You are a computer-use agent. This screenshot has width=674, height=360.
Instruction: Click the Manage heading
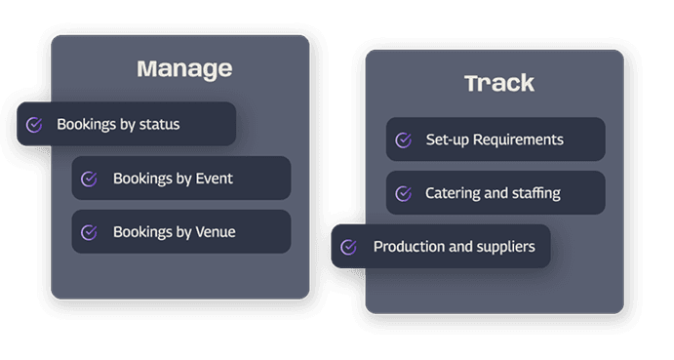tap(184, 69)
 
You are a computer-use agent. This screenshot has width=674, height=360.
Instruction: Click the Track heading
tap(499, 83)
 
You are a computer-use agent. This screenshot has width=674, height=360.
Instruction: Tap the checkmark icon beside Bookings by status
tap(34, 125)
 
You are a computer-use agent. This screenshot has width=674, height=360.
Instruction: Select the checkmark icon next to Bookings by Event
tap(89, 179)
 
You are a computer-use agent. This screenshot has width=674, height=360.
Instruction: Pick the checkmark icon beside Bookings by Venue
tap(89, 232)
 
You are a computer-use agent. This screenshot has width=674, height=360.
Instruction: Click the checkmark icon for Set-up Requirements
tap(403, 140)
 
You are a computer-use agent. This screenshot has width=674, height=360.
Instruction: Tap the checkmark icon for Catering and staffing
tap(403, 193)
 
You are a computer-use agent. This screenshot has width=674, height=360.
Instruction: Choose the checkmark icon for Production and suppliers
tap(348, 247)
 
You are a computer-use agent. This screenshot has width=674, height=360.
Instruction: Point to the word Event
tap(214, 179)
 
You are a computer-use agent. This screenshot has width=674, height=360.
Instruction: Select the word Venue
tap(216, 232)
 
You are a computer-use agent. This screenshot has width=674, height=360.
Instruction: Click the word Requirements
tap(518, 140)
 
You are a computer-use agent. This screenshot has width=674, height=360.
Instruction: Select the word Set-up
tap(447, 140)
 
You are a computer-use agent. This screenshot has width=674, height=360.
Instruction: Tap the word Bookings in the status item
tap(87, 125)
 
